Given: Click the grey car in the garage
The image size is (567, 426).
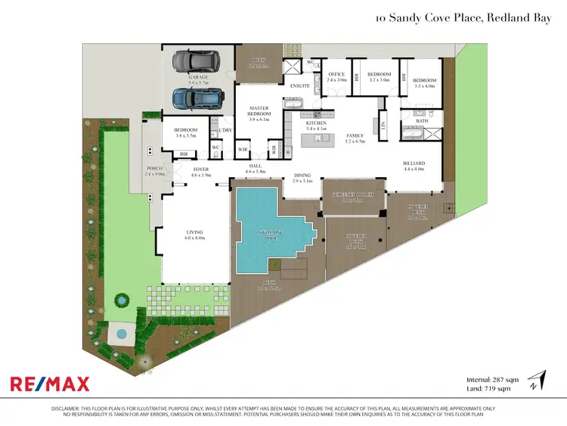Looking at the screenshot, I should (194, 60).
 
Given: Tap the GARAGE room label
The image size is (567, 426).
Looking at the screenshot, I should (198, 77).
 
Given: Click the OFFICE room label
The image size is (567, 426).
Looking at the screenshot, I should (336, 74).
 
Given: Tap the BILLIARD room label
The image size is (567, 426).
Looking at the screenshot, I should (413, 163).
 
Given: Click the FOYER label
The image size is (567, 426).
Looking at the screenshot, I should (201, 169).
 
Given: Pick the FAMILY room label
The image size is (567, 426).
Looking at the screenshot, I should (355, 136).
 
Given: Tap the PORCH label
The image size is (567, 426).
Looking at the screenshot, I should (155, 169).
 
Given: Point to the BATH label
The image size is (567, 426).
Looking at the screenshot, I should (421, 121).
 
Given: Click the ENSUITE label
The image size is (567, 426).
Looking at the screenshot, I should (300, 87).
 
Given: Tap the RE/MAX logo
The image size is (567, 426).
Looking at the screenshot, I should (50, 384).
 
